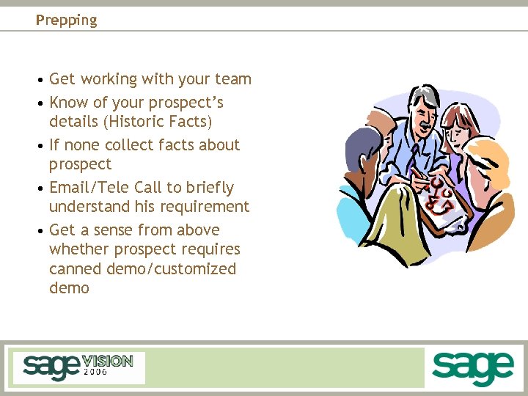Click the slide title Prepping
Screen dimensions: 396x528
click(66, 21)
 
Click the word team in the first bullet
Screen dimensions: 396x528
click(233, 79)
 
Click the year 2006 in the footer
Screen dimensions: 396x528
click(95, 372)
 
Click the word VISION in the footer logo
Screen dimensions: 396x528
click(107, 361)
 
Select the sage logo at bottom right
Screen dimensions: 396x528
click(472, 367)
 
